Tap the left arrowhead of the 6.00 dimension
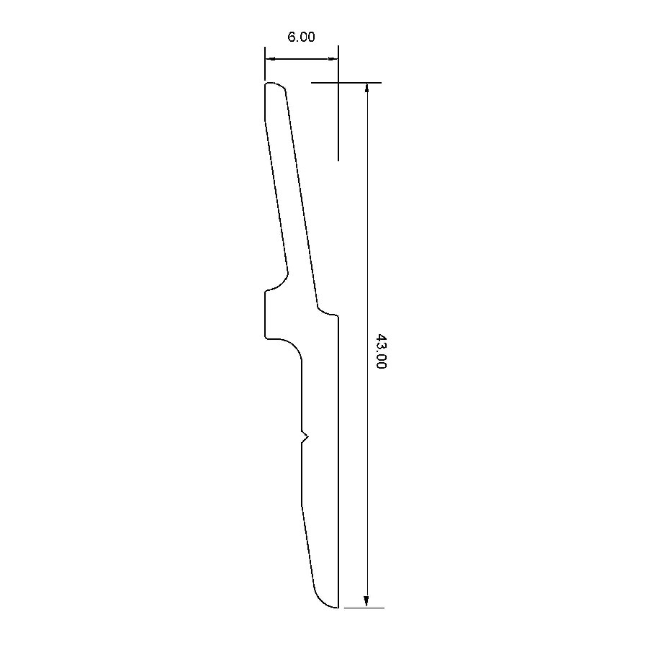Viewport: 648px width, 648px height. click(x=269, y=59)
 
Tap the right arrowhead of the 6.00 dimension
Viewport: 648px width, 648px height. click(x=334, y=59)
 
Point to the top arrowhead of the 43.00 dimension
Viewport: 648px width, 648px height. click(x=367, y=88)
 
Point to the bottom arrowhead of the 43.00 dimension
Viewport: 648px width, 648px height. click(x=367, y=603)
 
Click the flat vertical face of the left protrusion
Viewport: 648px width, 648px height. click(x=265, y=315)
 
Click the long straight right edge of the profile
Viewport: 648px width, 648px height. click(x=338, y=461)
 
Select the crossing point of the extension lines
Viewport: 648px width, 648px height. click(x=338, y=83)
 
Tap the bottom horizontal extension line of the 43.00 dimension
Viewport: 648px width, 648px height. click(x=364, y=608)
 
